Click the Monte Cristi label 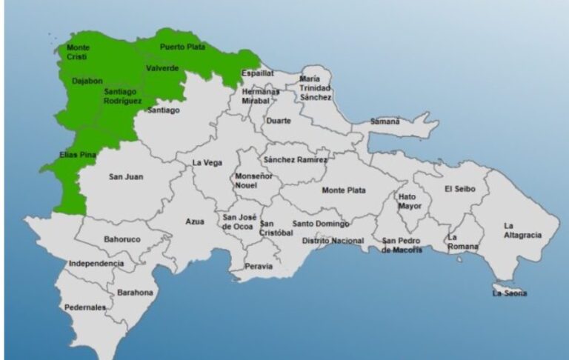[78, 52]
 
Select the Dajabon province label [87, 81]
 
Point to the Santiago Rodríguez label [122, 96]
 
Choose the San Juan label [125, 176]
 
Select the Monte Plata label [343, 190]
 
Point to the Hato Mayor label [407, 201]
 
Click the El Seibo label [459, 189]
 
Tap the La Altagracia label [522, 230]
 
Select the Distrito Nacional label [333, 241]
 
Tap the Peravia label [259, 266]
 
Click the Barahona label [134, 293]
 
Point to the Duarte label [279, 120]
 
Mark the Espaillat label [258, 73]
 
